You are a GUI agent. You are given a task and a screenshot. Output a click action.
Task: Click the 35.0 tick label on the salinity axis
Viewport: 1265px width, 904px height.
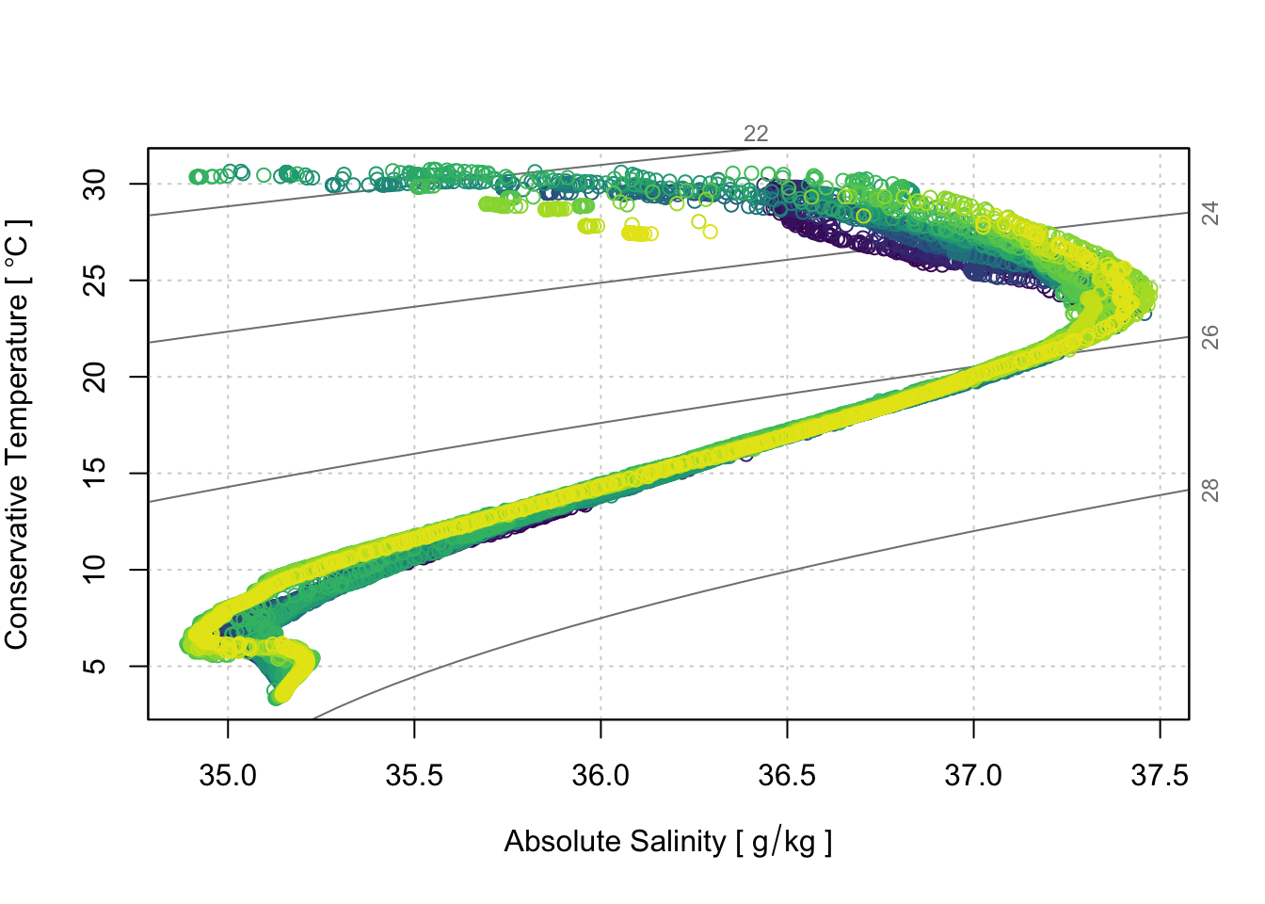(x=228, y=776)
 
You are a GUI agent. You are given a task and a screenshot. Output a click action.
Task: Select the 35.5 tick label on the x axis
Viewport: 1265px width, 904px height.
(x=414, y=776)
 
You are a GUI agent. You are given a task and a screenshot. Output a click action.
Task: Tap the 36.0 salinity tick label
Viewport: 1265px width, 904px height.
(x=600, y=776)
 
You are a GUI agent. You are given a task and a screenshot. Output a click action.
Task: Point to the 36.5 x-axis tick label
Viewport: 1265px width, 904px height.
(x=787, y=776)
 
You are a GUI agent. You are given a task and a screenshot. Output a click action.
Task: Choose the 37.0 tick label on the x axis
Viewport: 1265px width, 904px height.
(x=973, y=776)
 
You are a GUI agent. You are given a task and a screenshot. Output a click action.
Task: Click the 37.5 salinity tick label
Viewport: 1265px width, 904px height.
(x=1159, y=776)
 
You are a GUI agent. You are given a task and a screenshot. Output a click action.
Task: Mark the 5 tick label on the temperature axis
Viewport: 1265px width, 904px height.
(x=96, y=666)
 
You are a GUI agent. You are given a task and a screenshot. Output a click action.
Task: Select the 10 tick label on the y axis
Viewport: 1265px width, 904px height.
(x=96, y=570)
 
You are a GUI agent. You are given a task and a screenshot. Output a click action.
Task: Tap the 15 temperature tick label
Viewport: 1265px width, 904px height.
(x=96, y=473)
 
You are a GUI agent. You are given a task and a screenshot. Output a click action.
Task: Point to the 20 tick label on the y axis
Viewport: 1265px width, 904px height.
(x=96, y=377)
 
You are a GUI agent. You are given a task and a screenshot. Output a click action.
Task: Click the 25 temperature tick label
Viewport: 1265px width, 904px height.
(x=96, y=280)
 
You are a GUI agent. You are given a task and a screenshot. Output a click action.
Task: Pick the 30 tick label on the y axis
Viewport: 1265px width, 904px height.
(x=96, y=184)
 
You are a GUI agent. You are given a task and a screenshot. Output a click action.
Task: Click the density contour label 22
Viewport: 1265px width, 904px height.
(x=756, y=134)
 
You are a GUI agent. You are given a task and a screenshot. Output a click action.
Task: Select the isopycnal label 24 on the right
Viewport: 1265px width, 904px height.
(x=1210, y=213)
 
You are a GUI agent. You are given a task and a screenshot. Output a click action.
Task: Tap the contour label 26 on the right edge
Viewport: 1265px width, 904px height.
(x=1210, y=336)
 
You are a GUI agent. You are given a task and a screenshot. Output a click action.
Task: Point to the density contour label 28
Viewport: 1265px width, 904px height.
(x=1210, y=490)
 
